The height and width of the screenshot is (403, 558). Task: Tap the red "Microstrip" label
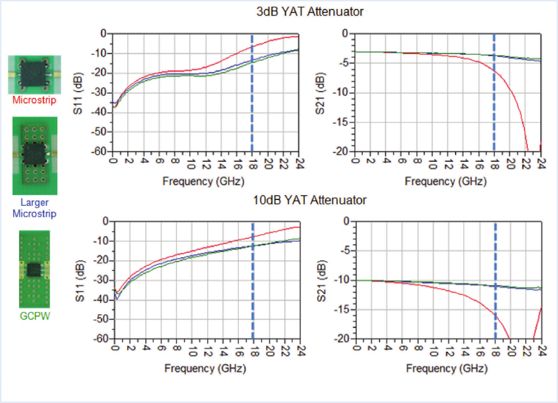pos(35,100)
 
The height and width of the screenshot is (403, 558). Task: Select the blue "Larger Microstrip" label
pos(34,208)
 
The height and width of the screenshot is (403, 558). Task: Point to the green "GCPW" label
pos(35,316)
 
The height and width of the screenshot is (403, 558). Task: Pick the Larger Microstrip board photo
pos(35,155)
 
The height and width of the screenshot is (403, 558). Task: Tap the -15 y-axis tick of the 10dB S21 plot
pos(341,310)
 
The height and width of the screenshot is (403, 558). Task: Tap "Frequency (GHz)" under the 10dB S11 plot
pos(205,368)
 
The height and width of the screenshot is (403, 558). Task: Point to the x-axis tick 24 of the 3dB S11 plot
pos(299,162)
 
